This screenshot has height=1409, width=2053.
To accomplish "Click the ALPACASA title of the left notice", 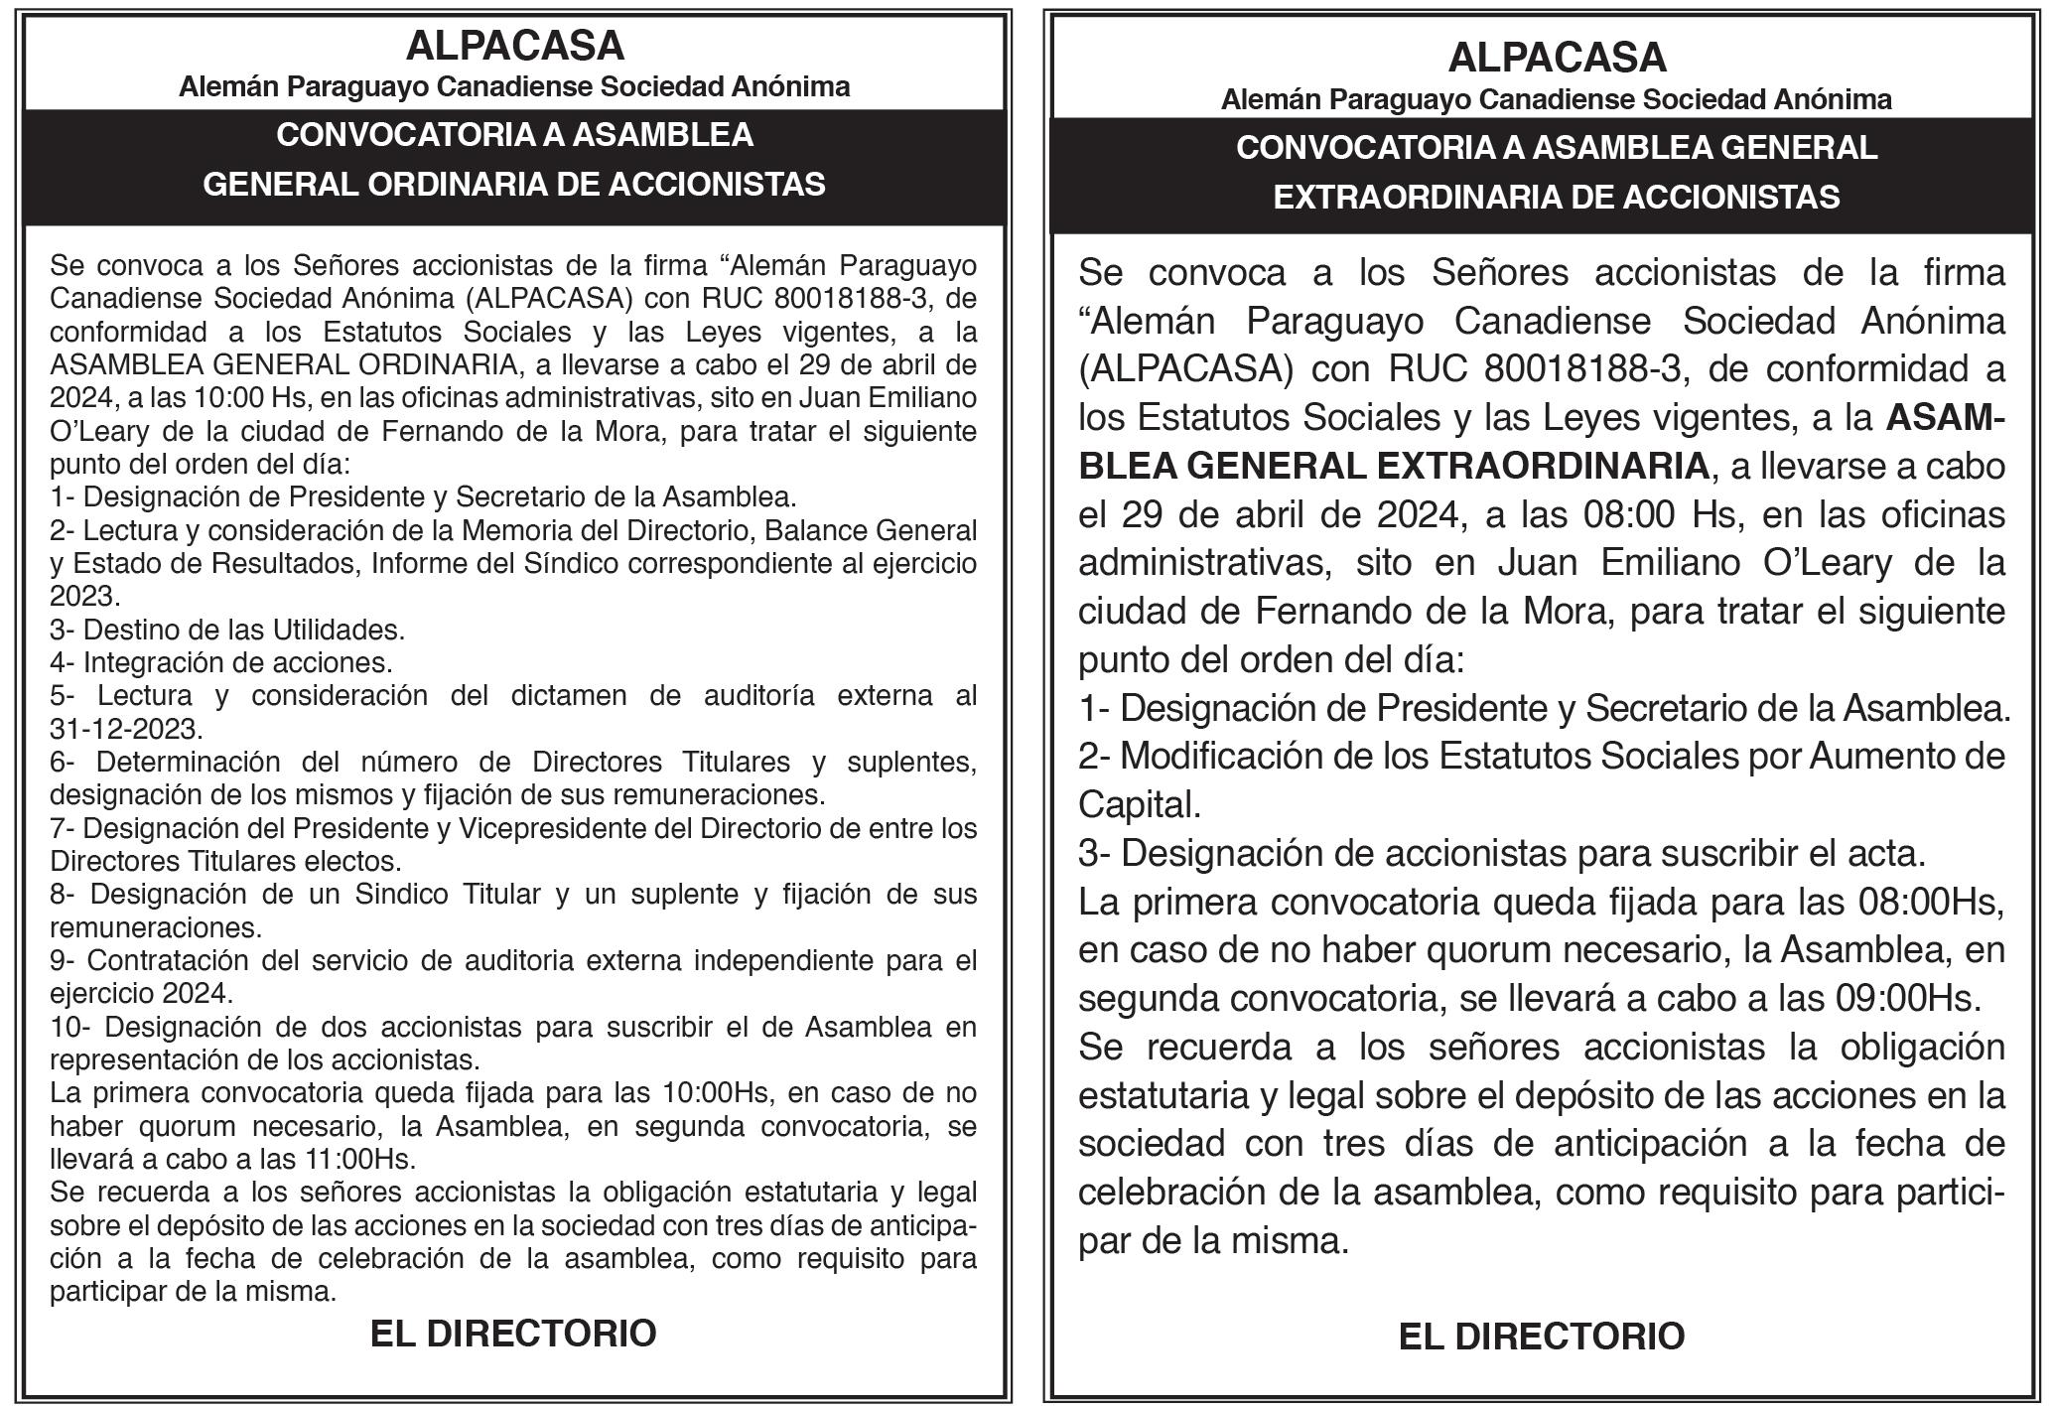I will pos(514,46).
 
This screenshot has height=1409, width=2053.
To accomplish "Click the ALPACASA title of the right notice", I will pos(1557,57).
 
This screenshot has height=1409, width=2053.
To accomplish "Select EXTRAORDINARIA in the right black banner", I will pos(1414,198).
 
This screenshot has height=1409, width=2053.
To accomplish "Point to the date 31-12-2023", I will pos(125,729).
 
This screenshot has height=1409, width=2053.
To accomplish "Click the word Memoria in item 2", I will pos(507,530).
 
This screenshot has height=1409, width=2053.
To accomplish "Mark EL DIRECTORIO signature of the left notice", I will pos(513,1333).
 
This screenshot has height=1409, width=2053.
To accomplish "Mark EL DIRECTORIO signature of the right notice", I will pos(1541,1337).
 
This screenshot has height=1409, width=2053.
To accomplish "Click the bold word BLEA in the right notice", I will pos(1127,466).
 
